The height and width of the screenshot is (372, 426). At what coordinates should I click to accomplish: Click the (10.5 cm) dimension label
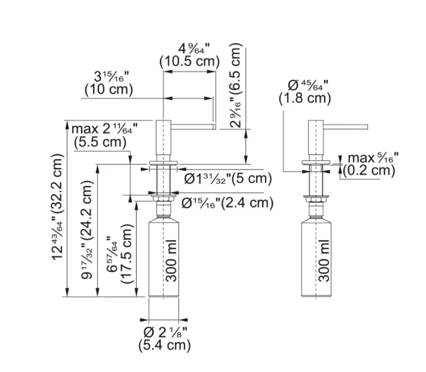(190, 62)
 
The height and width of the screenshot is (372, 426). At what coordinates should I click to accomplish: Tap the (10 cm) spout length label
(109, 89)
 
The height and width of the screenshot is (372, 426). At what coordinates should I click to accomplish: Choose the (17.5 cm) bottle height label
(127, 254)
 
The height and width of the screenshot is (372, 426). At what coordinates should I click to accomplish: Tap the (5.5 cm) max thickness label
(100, 142)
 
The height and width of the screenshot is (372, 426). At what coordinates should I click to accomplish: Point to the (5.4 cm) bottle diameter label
(164, 345)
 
